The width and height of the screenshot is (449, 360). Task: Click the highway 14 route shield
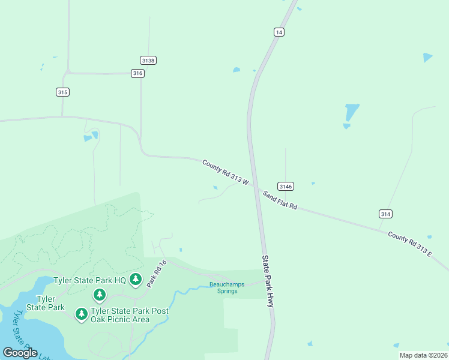279,32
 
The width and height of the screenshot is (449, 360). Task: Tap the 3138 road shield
148,60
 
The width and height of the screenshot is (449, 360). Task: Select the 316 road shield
138,73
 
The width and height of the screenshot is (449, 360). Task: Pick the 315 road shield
62,92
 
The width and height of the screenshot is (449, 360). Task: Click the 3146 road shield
285,186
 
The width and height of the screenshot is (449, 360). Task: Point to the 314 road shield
385,214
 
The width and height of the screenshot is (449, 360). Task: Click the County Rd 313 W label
226,172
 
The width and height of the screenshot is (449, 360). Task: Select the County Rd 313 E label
410,244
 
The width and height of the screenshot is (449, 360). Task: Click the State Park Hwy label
268,281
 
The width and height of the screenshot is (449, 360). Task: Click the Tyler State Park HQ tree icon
136,279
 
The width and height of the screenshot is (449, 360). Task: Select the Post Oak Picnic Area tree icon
82,313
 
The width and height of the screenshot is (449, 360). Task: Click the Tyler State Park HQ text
89,280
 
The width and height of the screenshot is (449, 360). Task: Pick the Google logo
20,352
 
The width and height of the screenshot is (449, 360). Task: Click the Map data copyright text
423,355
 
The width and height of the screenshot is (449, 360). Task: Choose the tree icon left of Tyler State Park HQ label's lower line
100,295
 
